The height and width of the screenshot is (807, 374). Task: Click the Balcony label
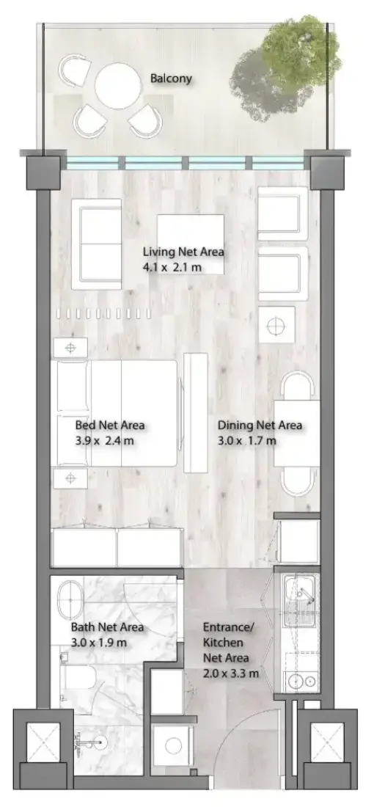click(x=171, y=78)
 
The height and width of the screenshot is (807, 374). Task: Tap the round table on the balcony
click(x=118, y=86)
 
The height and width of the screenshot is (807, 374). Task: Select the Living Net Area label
click(x=183, y=252)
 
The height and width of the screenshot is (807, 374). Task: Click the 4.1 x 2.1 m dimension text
click(x=172, y=268)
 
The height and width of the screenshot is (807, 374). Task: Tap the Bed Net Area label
click(x=109, y=426)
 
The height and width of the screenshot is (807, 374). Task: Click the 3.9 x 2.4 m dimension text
click(x=105, y=441)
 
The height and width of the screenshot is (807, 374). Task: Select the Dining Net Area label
click(x=260, y=426)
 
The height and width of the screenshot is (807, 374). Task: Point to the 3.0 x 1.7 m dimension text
click(x=246, y=441)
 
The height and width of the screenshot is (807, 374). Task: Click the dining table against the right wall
click(x=297, y=434)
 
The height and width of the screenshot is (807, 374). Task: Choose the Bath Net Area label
click(x=107, y=627)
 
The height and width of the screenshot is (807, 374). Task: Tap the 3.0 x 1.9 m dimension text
click(x=99, y=643)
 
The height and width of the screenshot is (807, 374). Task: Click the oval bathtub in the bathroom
click(x=70, y=601)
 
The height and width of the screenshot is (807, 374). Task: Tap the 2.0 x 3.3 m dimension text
click(x=230, y=673)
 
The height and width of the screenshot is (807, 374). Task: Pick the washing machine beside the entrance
click(x=173, y=745)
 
